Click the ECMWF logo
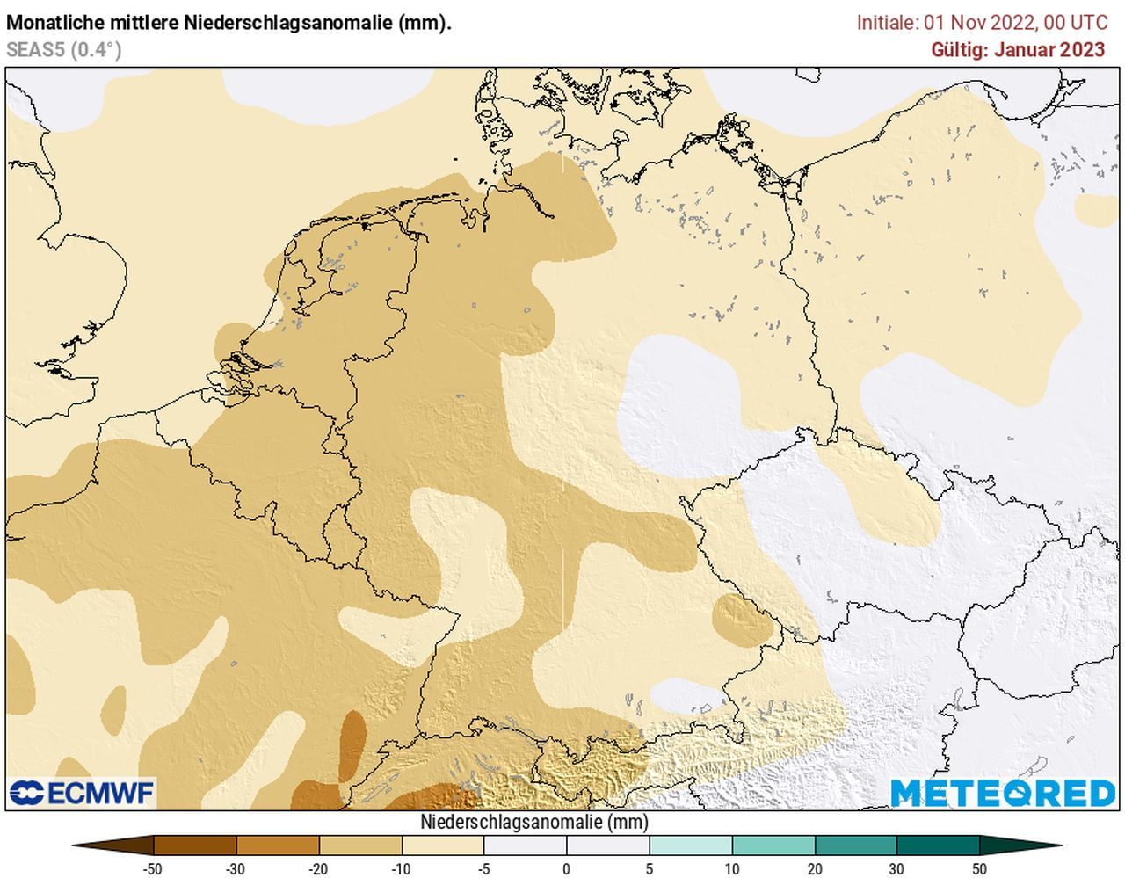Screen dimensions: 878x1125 (x=82, y=793)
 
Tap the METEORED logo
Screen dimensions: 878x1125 (x=1003, y=793)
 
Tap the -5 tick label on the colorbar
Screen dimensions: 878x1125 (x=484, y=869)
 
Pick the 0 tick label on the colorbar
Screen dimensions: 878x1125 (x=567, y=869)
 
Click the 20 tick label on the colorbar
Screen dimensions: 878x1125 (x=815, y=869)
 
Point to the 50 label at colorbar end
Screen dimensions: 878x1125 (x=980, y=869)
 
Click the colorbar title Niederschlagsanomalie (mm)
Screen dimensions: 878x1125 (x=534, y=823)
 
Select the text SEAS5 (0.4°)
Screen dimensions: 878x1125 (x=63, y=50)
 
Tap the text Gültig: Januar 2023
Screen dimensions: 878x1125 (x=1018, y=49)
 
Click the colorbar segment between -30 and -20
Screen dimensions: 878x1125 (x=278, y=845)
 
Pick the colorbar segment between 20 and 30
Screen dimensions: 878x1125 (x=856, y=845)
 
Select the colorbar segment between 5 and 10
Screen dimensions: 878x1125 (x=691, y=845)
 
